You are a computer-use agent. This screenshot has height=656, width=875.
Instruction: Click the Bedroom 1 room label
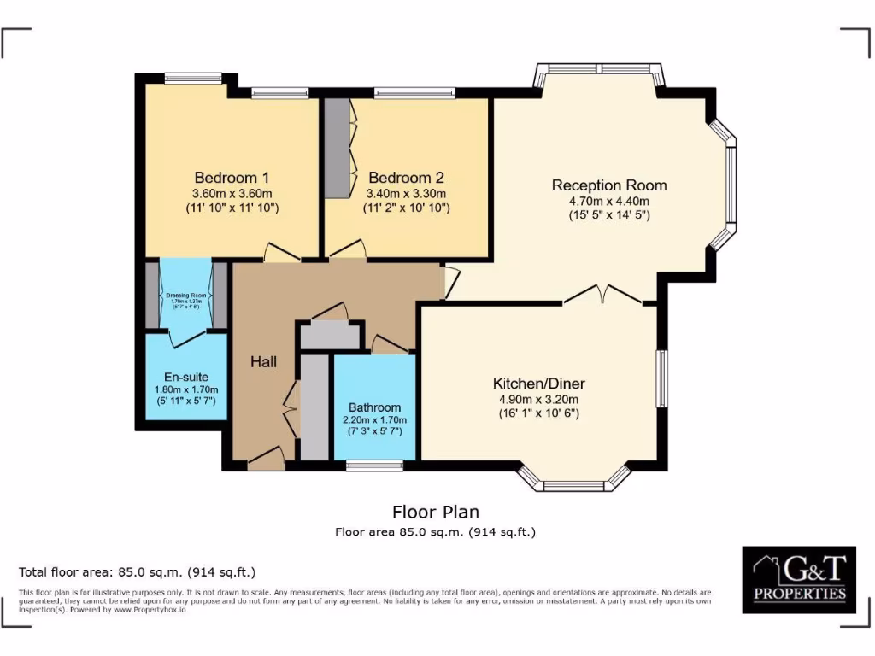click(x=232, y=178)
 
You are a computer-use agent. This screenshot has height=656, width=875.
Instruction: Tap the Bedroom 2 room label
click(x=405, y=178)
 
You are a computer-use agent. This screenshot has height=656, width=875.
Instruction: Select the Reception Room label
click(x=608, y=185)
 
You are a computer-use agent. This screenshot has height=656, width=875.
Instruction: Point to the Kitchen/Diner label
click(x=538, y=384)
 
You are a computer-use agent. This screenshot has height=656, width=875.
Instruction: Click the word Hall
click(x=263, y=362)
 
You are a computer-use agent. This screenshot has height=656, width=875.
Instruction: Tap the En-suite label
click(x=185, y=377)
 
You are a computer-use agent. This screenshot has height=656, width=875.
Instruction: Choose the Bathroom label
click(x=374, y=407)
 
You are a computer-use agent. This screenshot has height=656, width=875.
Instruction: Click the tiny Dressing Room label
click(x=185, y=296)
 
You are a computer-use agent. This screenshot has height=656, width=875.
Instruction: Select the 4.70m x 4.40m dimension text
click(x=609, y=202)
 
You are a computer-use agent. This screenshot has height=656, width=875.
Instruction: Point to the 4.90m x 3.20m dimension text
click(x=538, y=399)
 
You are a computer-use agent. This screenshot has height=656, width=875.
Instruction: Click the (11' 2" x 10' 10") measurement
click(x=406, y=208)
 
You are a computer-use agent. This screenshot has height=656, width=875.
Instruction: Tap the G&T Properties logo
click(x=798, y=579)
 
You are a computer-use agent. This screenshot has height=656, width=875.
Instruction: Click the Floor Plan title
click(x=435, y=512)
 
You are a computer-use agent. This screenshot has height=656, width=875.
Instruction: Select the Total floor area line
click(x=137, y=571)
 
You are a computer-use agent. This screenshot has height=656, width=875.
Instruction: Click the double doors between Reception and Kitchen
click(x=602, y=295)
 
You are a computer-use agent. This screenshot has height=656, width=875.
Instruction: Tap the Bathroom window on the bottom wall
click(x=374, y=466)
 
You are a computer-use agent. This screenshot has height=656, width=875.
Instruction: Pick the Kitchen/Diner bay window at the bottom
click(x=574, y=484)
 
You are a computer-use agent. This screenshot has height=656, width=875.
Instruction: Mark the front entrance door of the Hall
click(x=267, y=459)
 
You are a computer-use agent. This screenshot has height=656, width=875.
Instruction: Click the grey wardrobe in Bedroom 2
click(x=338, y=149)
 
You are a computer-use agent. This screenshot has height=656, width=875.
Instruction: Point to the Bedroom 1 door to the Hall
click(x=280, y=253)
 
